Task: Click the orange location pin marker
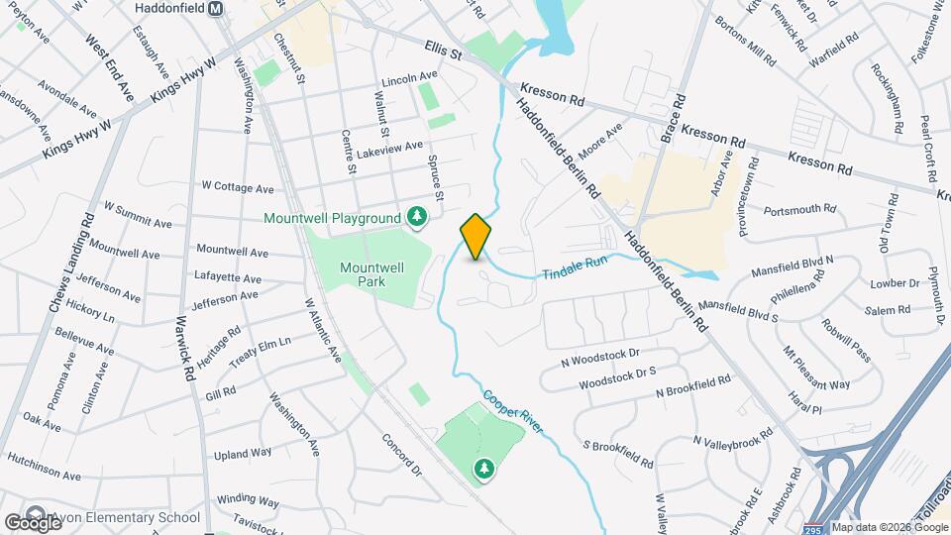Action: pos(475,237)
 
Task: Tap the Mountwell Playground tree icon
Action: pos(418,217)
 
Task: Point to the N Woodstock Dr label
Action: pos(600,354)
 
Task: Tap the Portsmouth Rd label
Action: pos(800,210)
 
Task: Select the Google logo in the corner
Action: pos(33,522)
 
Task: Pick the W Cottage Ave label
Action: pos(237,186)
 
